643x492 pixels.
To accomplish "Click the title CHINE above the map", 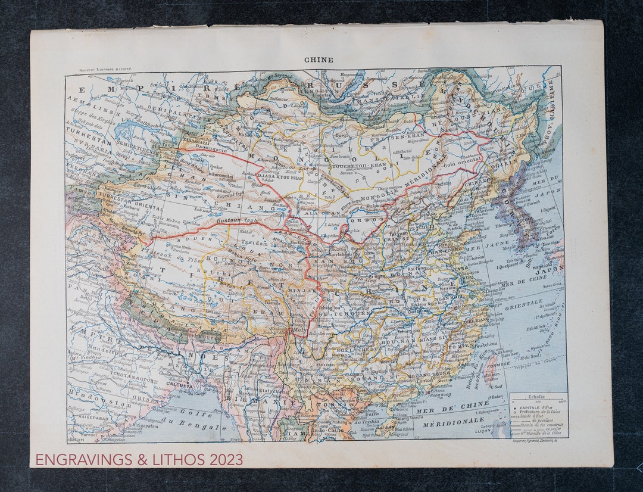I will point(319,60).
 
